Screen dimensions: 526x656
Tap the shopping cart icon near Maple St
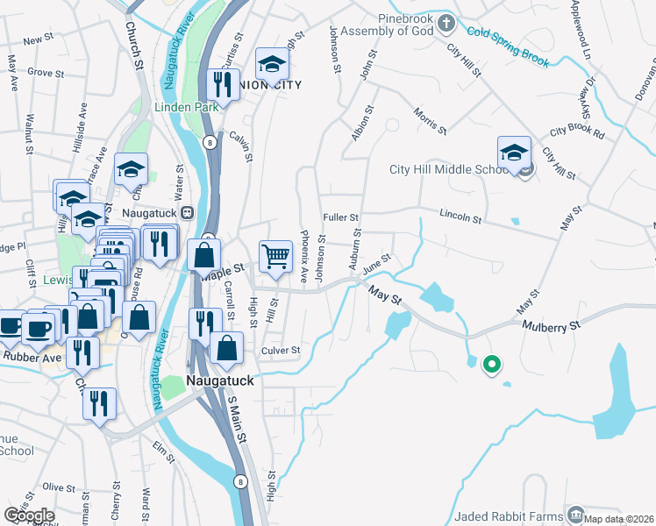(275, 256)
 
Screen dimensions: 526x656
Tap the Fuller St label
(341, 217)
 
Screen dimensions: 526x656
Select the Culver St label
(281, 351)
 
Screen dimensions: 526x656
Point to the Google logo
(29, 515)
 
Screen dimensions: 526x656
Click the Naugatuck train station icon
(187, 213)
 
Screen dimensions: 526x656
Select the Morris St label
(430, 122)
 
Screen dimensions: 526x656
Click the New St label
(39, 40)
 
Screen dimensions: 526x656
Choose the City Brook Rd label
(577, 133)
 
